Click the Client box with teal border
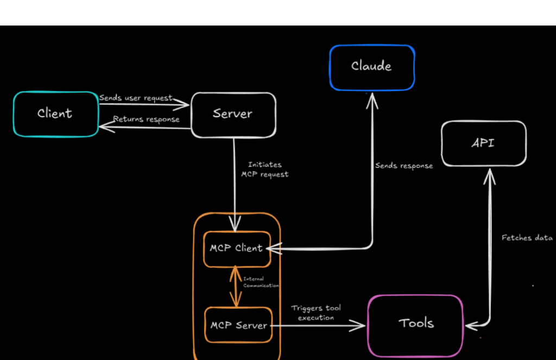pyautogui.click(x=56, y=113)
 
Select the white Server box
pyautogui.click(x=233, y=113)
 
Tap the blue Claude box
pyautogui.click(x=372, y=67)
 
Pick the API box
pyautogui.click(x=483, y=143)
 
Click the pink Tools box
pyautogui.click(x=416, y=324)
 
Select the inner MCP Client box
pyautogui.click(x=237, y=249)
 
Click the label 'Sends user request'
pyautogui.click(x=136, y=98)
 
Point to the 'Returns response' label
pyautogui.click(x=146, y=119)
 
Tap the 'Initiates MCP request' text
pyautogui.click(x=265, y=169)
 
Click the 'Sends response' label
pyautogui.click(x=404, y=166)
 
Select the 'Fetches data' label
pyautogui.click(x=527, y=238)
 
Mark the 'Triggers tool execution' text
pyautogui.click(x=316, y=313)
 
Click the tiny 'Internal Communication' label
pyautogui.click(x=261, y=282)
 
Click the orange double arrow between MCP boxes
pyautogui.click(x=235, y=287)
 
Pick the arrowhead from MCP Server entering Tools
pyautogui.click(x=359, y=325)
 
